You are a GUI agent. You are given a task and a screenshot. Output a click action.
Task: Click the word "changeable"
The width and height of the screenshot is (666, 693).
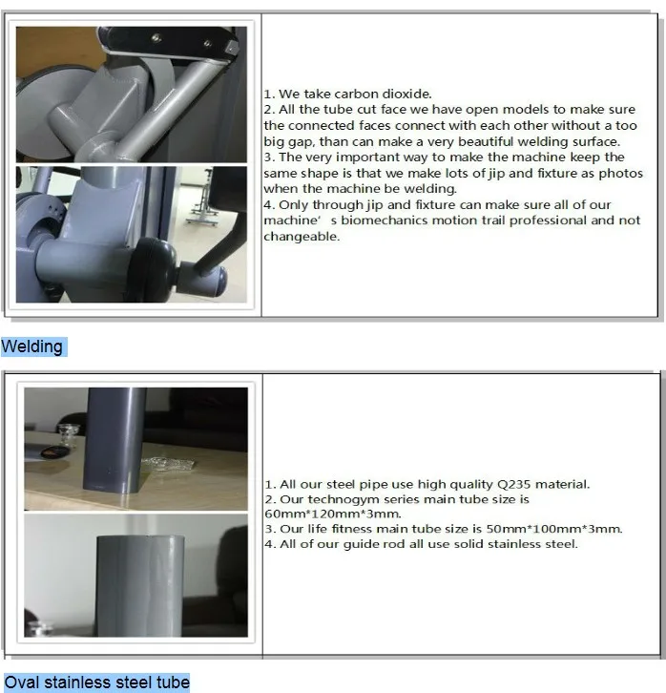click(x=302, y=237)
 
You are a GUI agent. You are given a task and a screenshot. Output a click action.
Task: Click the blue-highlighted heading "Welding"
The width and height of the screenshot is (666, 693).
click(x=31, y=346)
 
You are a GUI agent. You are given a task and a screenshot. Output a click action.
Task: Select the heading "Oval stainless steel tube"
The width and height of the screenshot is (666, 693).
click(x=96, y=682)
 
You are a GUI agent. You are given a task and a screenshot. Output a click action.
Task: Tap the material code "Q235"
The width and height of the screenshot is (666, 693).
click(x=514, y=484)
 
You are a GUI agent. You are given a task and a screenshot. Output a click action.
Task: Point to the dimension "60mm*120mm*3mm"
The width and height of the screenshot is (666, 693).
click(x=333, y=514)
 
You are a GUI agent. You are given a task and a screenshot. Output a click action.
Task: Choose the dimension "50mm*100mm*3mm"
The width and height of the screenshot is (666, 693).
click(x=553, y=529)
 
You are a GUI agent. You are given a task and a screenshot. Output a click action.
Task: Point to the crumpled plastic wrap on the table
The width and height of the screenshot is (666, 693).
click(x=168, y=464)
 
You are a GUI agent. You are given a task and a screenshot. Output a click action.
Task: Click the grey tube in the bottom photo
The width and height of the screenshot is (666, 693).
click(x=140, y=586)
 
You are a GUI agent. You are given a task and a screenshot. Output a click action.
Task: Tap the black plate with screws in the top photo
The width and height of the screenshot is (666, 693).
click(x=168, y=42)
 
